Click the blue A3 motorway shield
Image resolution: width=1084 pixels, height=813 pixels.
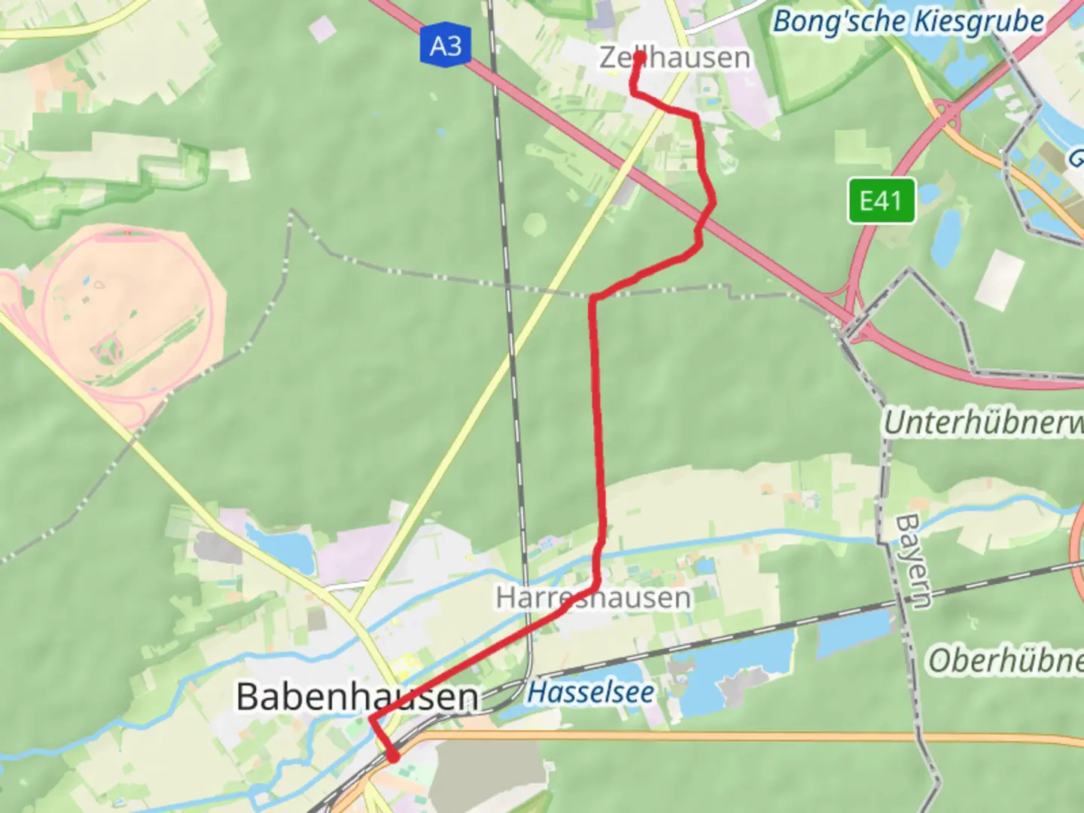(x=445, y=46)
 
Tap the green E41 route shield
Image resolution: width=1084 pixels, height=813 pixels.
(x=882, y=201)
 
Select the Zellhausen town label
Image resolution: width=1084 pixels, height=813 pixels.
(x=674, y=58)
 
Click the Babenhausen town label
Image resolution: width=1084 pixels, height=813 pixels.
(x=357, y=697)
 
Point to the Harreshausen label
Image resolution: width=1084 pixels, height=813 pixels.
(x=593, y=598)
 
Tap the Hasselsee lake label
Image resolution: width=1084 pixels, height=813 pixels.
(x=590, y=693)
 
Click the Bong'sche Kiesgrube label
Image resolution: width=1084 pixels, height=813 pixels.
(x=908, y=22)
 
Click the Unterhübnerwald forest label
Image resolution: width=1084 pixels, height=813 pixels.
(x=982, y=423)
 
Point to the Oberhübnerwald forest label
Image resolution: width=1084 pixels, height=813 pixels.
(x=1005, y=661)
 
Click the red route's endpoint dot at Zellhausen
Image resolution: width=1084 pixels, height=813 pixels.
(x=640, y=56)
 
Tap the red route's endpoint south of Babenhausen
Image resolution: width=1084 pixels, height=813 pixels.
(x=392, y=757)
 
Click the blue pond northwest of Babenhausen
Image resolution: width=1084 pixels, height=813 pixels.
(x=282, y=549)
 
